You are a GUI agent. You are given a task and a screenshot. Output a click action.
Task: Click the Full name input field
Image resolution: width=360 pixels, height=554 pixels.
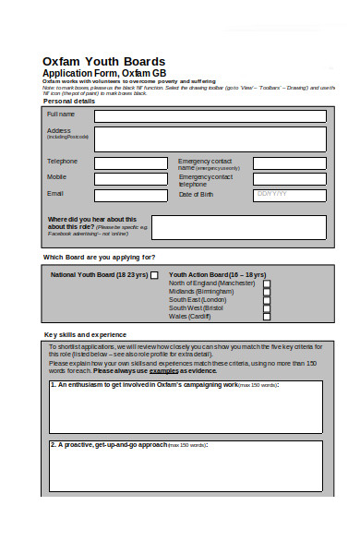210,116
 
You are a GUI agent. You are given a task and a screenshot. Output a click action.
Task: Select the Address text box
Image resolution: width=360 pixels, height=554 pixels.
210,139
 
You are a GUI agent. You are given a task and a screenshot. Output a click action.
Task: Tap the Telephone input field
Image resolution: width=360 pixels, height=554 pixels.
130,163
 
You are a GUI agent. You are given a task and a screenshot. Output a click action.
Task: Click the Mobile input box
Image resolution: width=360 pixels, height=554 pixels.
130,179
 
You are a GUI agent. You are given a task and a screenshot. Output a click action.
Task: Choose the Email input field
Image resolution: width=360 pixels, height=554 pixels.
130,195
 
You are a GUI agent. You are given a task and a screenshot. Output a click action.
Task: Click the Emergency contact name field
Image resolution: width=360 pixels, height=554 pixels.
289,163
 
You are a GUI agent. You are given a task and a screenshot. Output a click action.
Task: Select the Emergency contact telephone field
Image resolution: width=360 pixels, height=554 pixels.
289,179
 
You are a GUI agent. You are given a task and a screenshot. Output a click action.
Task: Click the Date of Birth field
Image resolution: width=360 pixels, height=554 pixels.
289,195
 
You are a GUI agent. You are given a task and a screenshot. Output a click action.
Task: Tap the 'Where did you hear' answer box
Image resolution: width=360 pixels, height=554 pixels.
237,227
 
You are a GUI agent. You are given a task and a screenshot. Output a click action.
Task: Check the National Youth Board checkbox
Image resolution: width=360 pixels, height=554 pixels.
154,275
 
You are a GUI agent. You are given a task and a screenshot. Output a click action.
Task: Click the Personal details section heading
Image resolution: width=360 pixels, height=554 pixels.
69,101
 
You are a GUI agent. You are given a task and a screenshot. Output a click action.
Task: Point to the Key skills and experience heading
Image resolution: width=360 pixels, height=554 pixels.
86,334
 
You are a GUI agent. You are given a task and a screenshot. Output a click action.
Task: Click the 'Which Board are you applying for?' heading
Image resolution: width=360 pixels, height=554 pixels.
100,257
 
